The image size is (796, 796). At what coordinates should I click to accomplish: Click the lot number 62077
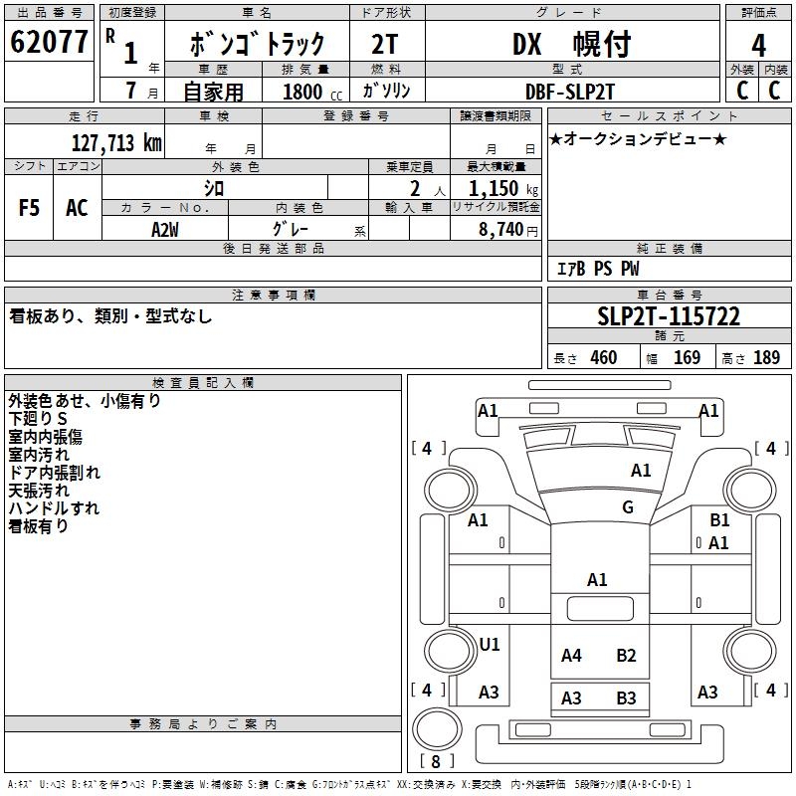click(x=49, y=44)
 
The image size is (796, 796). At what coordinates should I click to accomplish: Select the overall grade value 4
click(x=759, y=46)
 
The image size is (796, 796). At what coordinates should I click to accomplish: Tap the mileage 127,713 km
click(x=116, y=142)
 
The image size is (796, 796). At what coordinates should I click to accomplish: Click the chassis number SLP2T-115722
click(x=669, y=317)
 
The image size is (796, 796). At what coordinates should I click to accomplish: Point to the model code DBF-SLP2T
click(x=571, y=91)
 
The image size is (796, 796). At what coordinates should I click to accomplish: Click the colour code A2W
click(x=165, y=228)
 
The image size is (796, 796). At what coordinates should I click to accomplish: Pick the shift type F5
click(x=30, y=208)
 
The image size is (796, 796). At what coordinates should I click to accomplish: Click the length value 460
click(x=603, y=358)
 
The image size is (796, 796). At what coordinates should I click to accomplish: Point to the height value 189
click(x=766, y=358)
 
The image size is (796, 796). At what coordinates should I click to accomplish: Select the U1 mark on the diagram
click(x=490, y=645)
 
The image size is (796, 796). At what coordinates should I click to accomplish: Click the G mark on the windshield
click(x=628, y=507)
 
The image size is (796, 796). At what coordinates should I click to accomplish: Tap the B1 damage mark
click(x=719, y=520)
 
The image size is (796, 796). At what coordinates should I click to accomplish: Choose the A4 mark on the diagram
click(x=571, y=656)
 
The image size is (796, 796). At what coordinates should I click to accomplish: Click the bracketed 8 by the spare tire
click(x=435, y=762)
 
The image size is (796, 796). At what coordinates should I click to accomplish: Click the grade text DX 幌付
click(x=571, y=45)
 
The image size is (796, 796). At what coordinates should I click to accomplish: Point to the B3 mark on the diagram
click(x=626, y=698)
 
